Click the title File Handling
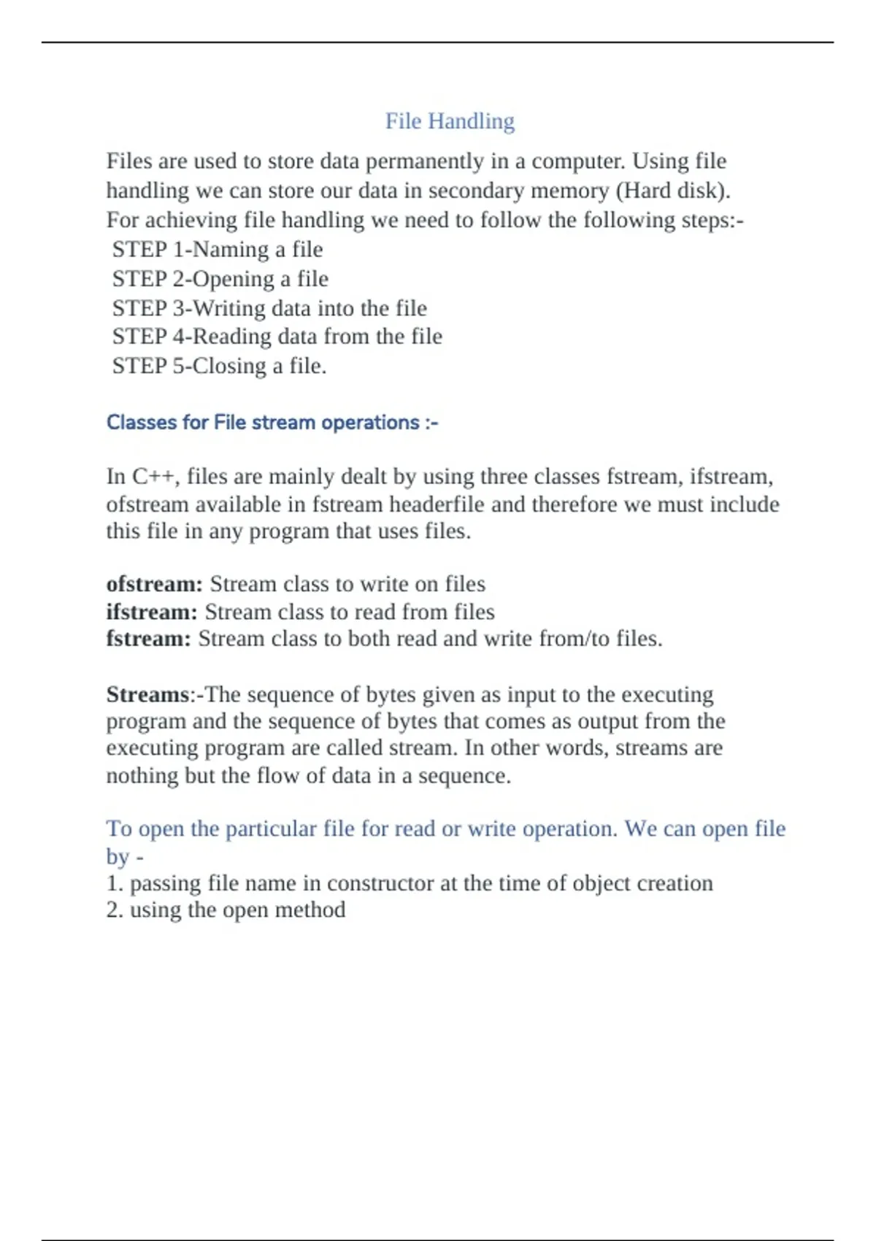450,121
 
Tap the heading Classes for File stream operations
272,423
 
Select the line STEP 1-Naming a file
217,250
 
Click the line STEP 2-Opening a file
220,279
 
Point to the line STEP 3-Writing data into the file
269,308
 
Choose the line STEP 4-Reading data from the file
277,337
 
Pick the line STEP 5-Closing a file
219,366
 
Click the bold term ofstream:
154,584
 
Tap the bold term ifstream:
152,612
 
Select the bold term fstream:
148,639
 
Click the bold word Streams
147,694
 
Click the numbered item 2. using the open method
226,910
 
